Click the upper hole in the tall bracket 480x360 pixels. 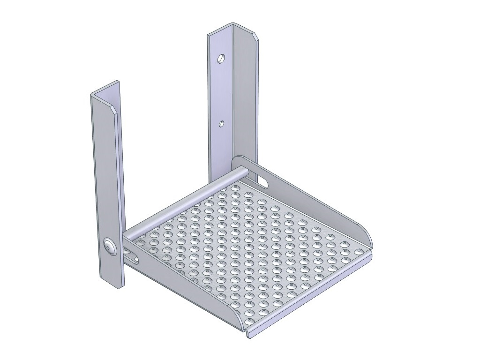(x=221, y=59)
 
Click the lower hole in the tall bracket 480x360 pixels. (x=221, y=124)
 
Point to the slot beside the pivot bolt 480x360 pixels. (x=134, y=257)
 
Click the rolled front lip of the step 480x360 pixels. (x=309, y=295)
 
